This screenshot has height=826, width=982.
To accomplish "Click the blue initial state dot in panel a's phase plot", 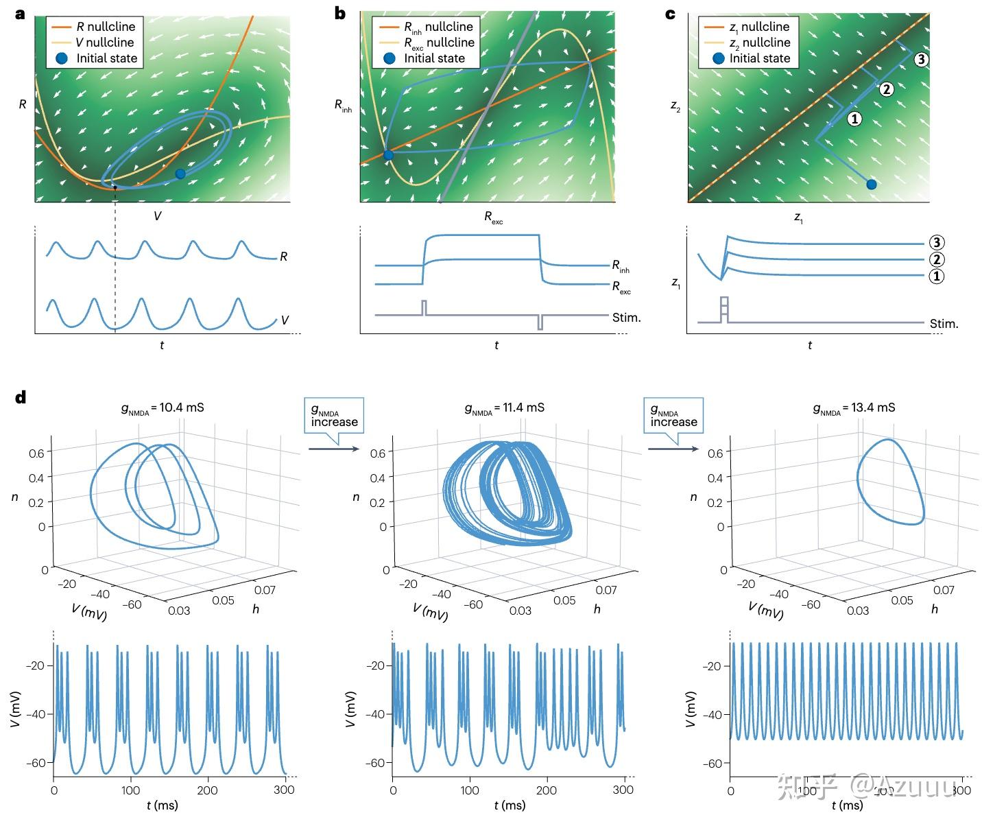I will coord(180,174).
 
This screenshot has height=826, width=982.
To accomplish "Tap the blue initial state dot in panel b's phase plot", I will coord(388,155).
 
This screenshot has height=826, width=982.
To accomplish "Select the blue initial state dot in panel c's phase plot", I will coord(871,184).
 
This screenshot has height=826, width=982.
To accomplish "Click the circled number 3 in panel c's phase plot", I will coord(920,60).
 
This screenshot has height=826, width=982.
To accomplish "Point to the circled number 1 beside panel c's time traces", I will coord(936,276).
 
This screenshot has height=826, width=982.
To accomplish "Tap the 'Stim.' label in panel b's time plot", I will coord(625,317).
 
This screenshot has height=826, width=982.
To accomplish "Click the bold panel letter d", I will coord(21,397).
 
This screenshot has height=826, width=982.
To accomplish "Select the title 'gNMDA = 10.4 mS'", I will coord(163,408).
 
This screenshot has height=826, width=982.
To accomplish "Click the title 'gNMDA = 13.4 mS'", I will coord(854,408).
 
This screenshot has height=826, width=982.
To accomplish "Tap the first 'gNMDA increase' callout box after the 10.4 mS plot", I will coord(334,416).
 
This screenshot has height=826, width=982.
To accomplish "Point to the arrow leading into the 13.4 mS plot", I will coord(673,449).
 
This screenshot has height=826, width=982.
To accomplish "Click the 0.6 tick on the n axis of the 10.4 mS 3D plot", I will coord(36,453).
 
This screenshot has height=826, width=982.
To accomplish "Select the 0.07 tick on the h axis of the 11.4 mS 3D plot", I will coord(606,590).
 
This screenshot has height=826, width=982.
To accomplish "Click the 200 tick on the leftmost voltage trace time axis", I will coord(208,790).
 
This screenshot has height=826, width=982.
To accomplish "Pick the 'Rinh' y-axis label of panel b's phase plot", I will coord(342,106).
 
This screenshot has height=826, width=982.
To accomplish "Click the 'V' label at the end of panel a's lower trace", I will coord(285,320).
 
